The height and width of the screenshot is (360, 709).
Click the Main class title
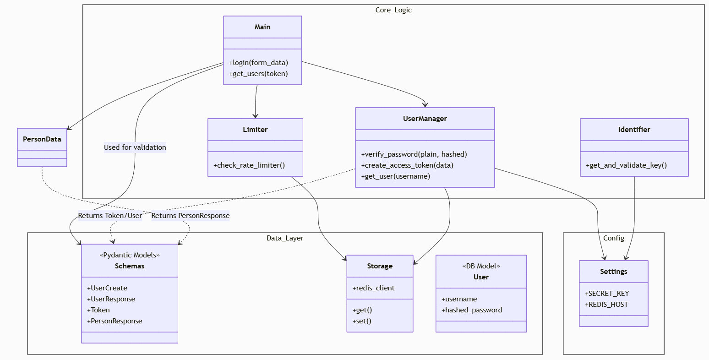[262, 27]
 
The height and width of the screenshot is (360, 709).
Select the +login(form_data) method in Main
[259, 63]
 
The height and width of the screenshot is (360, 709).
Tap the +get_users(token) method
[258, 74]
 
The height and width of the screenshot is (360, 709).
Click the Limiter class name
[255, 130]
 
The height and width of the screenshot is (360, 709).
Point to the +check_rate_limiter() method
[249, 165]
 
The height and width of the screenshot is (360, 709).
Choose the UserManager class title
[425, 119]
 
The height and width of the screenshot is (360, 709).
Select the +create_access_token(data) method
[407, 165]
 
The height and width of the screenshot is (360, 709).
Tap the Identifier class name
[634, 130]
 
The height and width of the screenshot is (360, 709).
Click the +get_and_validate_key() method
[626, 165]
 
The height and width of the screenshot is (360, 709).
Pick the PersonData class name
[42, 139]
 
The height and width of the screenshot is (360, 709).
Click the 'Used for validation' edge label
[135, 147]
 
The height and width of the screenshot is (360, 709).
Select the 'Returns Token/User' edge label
[110, 216]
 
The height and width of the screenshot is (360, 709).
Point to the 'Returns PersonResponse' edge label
[191, 216]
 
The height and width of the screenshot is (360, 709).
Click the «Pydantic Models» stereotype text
[130, 255]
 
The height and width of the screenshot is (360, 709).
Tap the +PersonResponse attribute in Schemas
[115, 321]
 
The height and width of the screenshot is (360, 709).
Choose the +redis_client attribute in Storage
[373, 288]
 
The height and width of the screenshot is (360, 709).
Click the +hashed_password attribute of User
[472, 310]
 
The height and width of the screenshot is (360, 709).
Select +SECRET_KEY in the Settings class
[607, 294]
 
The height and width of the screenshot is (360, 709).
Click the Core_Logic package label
[393, 10]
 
